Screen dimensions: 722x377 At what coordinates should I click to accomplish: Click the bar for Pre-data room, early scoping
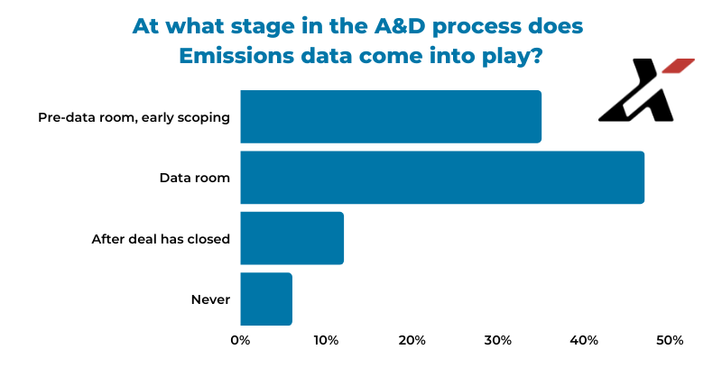click(x=391, y=116)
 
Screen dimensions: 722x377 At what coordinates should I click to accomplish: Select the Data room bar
click(x=442, y=177)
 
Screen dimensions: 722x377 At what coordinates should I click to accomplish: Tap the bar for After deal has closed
click(x=292, y=238)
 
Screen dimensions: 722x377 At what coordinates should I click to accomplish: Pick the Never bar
click(x=266, y=299)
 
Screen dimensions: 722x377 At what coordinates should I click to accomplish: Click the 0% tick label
click(x=240, y=340)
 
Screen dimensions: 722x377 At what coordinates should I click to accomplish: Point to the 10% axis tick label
click(x=326, y=340)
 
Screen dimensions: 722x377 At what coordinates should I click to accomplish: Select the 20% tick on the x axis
click(x=412, y=340)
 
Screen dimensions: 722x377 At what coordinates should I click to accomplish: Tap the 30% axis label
click(x=498, y=340)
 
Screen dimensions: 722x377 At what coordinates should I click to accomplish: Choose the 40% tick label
click(x=584, y=340)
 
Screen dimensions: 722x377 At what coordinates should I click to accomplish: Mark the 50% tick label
click(x=670, y=340)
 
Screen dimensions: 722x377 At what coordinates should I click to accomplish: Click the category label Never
click(x=210, y=299)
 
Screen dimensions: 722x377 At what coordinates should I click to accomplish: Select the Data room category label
click(x=195, y=178)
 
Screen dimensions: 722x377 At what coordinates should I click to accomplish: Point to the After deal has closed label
click(x=161, y=239)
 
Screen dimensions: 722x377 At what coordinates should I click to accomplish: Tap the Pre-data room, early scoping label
click(x=134, y=117)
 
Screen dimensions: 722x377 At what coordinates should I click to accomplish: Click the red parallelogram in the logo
click(x=679, y=65)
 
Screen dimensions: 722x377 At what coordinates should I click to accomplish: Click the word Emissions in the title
click(x=236, y=56)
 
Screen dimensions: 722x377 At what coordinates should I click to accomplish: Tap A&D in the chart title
click(x=400, y=26)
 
